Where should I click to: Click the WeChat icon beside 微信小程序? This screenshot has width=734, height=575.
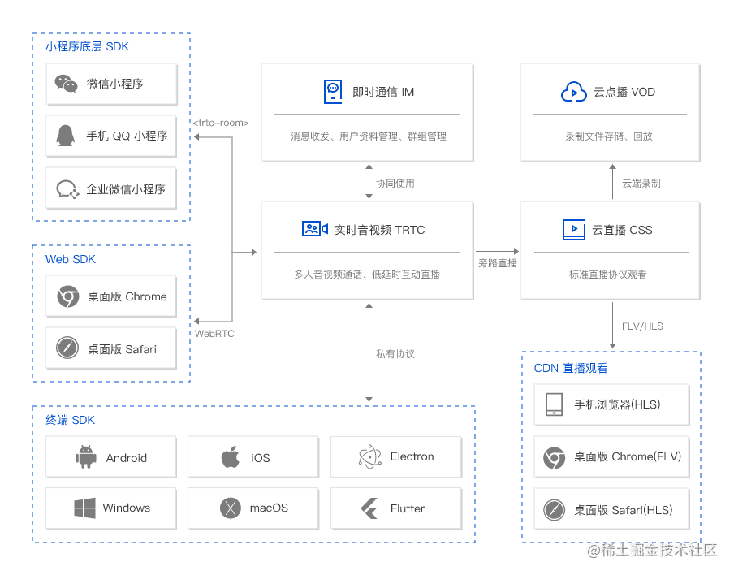67,84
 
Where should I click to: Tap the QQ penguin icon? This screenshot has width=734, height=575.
67,136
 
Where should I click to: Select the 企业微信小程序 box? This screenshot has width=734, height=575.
111,189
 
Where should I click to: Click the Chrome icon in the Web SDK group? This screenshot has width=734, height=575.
68,296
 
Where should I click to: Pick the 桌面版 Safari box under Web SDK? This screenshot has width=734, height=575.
111,349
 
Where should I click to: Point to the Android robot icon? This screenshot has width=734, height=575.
85,457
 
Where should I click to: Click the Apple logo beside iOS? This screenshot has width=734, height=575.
231,457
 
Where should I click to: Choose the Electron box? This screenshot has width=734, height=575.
396,457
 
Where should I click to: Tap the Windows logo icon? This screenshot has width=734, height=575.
85,508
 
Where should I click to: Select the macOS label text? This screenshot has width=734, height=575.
269,508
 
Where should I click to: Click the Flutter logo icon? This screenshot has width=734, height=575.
370,508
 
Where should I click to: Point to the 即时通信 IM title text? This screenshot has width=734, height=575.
383,92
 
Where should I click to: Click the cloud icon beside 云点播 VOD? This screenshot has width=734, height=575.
573,92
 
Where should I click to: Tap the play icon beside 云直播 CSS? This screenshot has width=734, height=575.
573,230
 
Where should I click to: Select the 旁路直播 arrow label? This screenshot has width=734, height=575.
498,263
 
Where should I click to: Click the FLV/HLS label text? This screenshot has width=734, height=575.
642,326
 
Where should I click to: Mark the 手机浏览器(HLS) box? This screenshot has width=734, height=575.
611,404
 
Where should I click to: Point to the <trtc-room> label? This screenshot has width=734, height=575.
221,123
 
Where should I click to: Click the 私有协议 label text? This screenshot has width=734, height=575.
395,354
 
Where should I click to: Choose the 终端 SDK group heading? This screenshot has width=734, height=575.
71,420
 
